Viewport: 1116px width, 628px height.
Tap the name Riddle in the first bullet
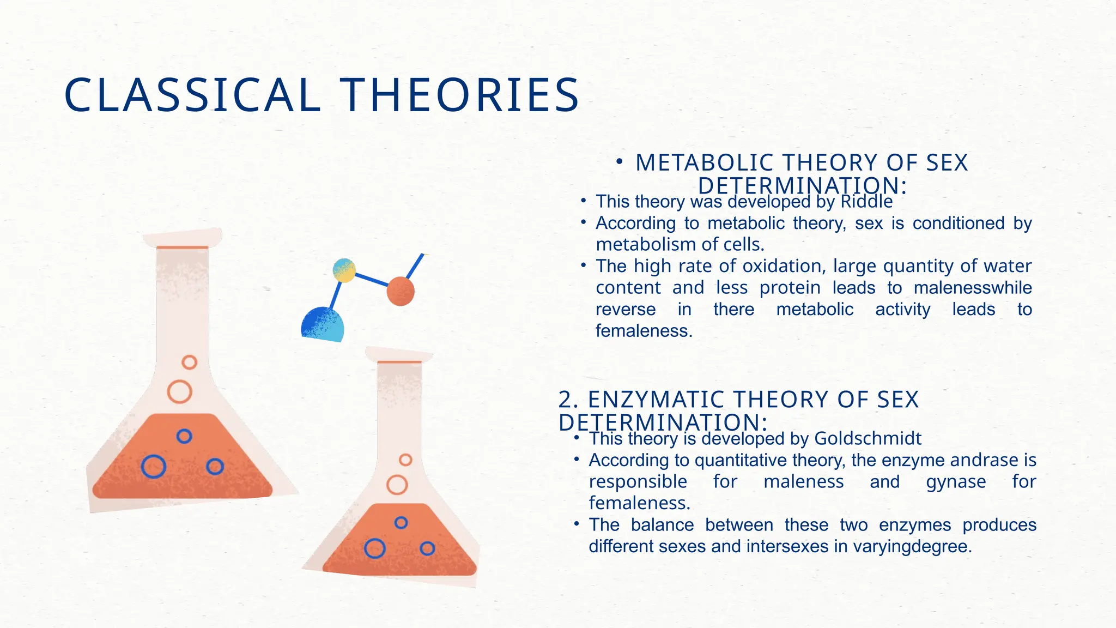point(866,202)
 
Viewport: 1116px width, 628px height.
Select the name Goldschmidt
point(868,439)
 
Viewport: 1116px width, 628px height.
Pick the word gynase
point(956,482)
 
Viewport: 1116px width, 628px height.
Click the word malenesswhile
point(973,288)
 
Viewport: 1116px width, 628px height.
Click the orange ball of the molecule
point(401,291)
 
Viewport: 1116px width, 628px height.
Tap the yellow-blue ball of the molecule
point(344,270)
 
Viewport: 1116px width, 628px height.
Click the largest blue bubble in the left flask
point(154,467)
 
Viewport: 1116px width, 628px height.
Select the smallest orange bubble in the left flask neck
point(189,362)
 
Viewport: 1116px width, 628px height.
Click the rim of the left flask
point(183,238)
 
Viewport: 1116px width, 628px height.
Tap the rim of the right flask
point(399,355)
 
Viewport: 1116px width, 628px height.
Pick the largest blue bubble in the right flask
point(375,548)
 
